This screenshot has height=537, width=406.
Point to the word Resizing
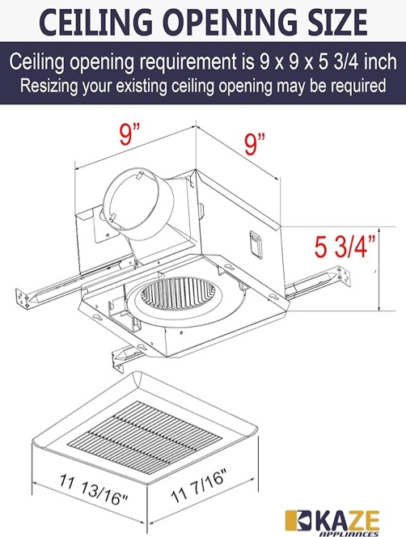pos(49,86)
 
